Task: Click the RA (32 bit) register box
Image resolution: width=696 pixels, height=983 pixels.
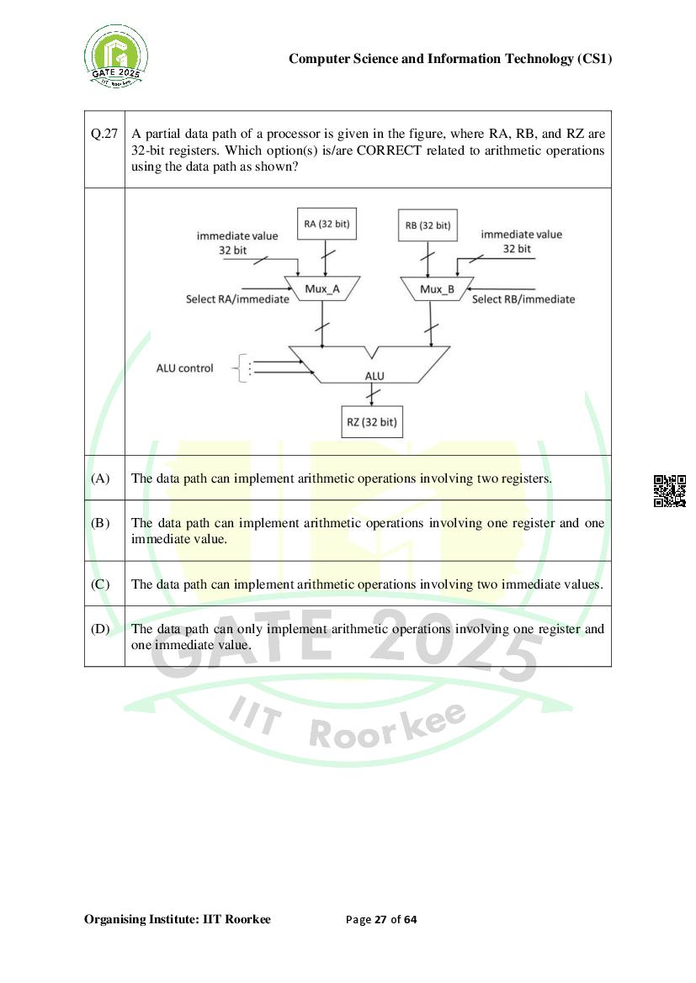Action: pyautogui.click(x=327, y=225)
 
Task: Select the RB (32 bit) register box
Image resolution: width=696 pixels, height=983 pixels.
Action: pyautogui.click(x=428, y=225)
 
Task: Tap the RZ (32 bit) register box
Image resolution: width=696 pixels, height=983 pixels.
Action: pyautogui.click(x=371, y=422)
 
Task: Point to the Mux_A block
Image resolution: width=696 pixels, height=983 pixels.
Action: pyautogui.click(x=322, y=289)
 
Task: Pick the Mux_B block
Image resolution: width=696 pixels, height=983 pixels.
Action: pyautogui.click(x=437, y=289)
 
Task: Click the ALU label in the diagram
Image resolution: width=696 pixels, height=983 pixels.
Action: pyautogui.click(x=375, y=376)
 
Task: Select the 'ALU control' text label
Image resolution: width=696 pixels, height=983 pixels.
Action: pyautogui.click(x=185, y=368)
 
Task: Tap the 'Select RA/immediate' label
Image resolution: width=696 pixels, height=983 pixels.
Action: pyautogui.click(x=237, y=299)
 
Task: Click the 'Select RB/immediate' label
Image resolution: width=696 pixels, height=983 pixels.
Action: pyautogui.click(x=523, y=299)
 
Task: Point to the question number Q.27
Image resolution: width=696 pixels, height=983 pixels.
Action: pyautogui.click(x=104, y=135)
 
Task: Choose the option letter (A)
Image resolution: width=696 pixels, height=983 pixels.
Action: pyautogui.click(x=100, y=478)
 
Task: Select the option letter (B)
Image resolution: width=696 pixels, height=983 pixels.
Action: pyautogui.click(x=100, y=523)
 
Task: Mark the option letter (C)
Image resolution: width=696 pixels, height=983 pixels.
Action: pyautogui.click(x=100, y=584)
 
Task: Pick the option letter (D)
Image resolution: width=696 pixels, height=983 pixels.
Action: pyautogui.click(x=100, y=629)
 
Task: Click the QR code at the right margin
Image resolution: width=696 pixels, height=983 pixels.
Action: pyautogui.click(x=670, y=491)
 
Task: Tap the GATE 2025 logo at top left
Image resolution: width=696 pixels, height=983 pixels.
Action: pyautogui.click(x=116, y=57)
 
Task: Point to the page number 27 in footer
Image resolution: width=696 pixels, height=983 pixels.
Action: pyautogui.click(x=380, y=919)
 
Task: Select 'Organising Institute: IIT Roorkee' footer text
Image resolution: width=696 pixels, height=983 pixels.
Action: pyautogui.click(x=178, y=919)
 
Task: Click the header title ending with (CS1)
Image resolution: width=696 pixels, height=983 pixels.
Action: pyautogui.click(x=450, y=59)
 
